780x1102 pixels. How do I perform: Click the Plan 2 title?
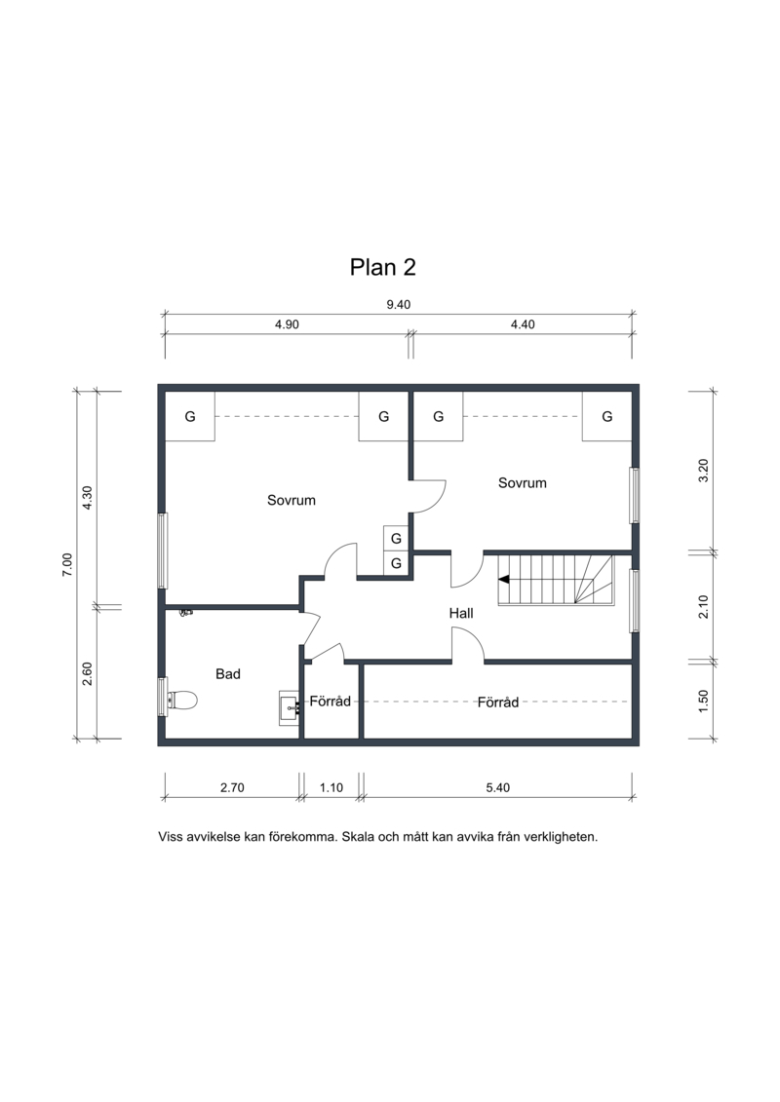382,267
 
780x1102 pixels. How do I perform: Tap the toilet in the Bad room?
182,700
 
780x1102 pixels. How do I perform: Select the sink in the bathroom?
290,707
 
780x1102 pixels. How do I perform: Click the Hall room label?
461,613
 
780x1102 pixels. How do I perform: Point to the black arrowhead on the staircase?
504,579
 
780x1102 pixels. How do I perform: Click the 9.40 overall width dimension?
398,304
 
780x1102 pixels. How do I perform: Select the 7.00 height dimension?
67,564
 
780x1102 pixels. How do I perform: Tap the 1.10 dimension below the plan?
331,787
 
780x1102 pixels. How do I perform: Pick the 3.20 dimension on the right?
703,471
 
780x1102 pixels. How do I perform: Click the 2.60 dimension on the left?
87,674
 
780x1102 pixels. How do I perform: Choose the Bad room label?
228,674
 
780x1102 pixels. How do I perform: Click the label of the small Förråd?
331,701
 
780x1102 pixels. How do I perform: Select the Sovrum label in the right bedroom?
522,483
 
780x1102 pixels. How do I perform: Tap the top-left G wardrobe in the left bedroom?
190,416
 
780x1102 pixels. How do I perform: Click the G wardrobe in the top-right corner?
607,416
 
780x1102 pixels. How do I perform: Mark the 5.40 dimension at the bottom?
498,787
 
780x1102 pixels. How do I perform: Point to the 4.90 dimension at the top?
287,324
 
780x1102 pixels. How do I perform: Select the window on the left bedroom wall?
163,551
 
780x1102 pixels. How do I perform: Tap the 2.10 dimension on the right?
703,606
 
